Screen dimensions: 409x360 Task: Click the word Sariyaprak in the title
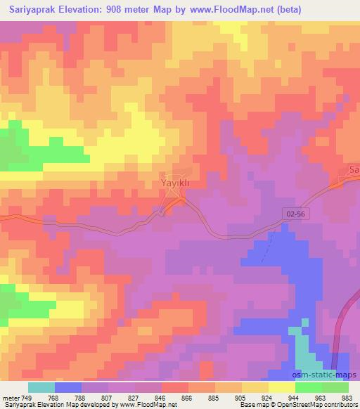click(x=33, y=10)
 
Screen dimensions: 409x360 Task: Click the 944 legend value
click(x=295, y=397)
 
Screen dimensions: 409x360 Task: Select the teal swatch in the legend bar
click(x=41, y=387)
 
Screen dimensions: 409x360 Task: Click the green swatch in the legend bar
click(x=335, y=387)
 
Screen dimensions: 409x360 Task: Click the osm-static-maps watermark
click(x=328, y=376)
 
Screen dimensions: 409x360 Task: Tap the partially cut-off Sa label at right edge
click(x=354, y=171)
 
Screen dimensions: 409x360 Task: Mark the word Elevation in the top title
click(x=86, y=10)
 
